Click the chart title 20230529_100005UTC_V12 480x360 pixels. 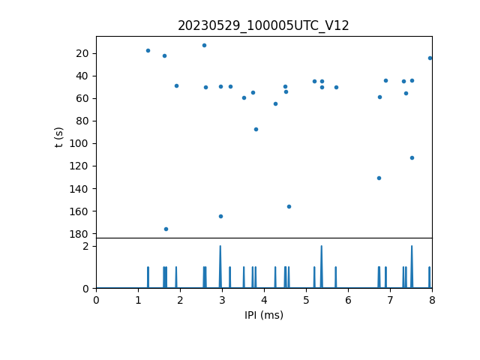pos(263,25)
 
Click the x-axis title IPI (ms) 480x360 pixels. pos(263,315)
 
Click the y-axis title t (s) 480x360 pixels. pos(59,137)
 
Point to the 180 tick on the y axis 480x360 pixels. pos(82,233)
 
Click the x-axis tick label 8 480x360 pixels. pos(432,301)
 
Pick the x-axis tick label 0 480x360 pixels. pos(96,301)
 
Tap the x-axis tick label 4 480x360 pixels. pos(264,301)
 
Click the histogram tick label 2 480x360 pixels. pos(86,246)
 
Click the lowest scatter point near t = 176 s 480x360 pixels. pos(166,229)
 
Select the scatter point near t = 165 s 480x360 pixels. pos(220,216)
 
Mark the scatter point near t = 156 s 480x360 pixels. pos(289,206)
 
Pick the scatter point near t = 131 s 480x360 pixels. pos(379,178)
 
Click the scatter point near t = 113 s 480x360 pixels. pos(412,157)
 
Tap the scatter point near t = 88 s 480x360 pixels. pos(256,129)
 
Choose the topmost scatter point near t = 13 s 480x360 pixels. pos(204,45)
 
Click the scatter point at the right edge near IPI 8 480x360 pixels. pos(430,58)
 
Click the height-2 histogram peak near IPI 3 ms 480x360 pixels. pos(220,247)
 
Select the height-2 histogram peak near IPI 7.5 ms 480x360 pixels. pos(411,247)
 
